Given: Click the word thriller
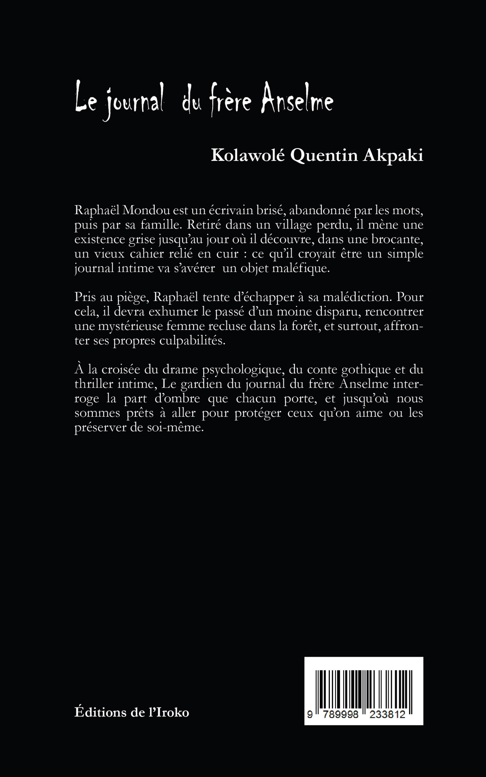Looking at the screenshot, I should [x=93, y=384].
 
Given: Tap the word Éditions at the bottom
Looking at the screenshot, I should [x=101, y=712].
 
